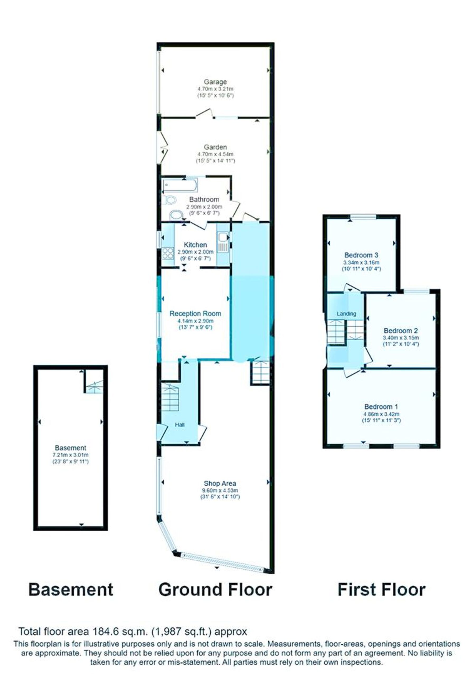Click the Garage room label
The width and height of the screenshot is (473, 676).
pyautogui.click(x=215, y=82)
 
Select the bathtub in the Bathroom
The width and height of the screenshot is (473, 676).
pyautogui.click(x=181, y=185)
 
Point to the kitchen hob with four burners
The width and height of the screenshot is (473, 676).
pyautogui.click(x=168, y=253)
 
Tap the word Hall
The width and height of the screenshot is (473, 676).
pyautogui.click(x=180, y=425)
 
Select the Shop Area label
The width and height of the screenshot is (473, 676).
pyautogui.click(x=220, y=483)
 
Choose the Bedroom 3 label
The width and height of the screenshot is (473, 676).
pyautogui.click(x=361, y=255)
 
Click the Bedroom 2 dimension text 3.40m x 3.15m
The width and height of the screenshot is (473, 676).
pyautogui.click(x=401, y=338)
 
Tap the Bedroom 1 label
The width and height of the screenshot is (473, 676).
pyautogui.click(x=381, y=407)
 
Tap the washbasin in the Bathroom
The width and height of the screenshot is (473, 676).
pyautogui.click(x=176, y=215)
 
